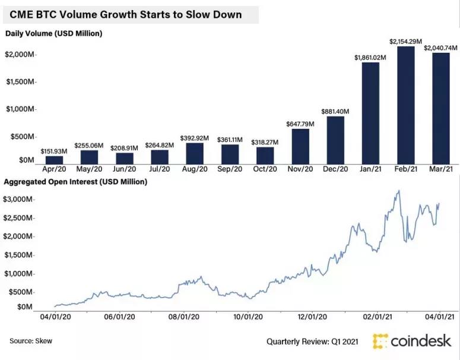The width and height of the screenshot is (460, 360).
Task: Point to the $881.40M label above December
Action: [x=335, y=111]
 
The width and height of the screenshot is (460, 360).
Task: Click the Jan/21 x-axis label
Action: [x=370, y=170]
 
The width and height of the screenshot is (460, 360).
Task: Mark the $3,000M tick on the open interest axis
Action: [x=19, y=200]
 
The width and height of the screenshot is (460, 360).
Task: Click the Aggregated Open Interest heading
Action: [x=76, y=181]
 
